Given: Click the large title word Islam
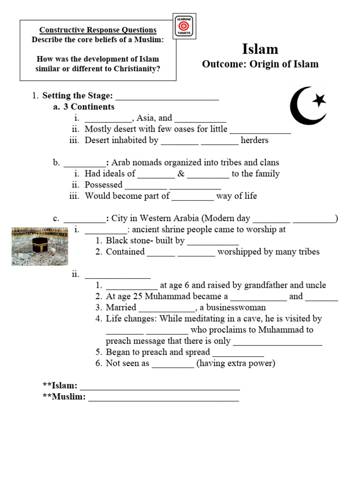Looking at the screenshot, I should pyautogui.click(x=260, y=49).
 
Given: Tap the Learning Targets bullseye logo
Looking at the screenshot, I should pyautogui.click(x=184, y=27).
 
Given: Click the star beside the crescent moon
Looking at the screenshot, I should pyautogui.click(x=319, y=100).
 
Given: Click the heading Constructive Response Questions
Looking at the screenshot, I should pyautogui.click(x=97, y=30).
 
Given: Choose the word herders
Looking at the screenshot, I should pyautogui.click(x=255, y=140).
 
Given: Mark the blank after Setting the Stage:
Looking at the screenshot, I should pyautogui.click(x=167, y=96).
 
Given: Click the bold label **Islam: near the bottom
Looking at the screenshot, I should pyautogui.click(x=60, y=386).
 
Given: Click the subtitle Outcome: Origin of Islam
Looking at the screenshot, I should pyautogui.click(x=260, y=64).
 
